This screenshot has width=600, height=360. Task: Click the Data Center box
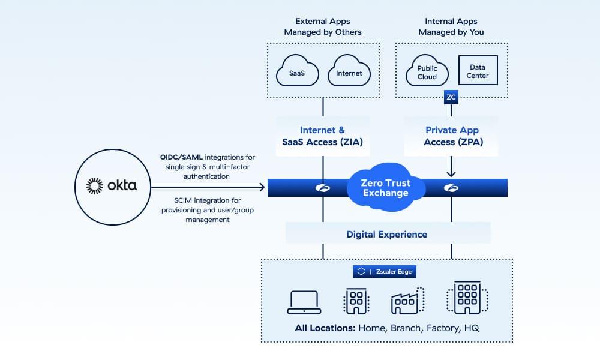(x=478, y=72)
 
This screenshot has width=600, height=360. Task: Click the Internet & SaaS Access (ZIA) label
(x=322, y=136)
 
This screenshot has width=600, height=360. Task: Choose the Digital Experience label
(x=387, y=234)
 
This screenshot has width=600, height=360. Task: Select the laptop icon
(x=304, y=302)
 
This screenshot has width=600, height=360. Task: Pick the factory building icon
(x=407, y=301)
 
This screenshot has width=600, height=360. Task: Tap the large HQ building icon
(x=467, y=298)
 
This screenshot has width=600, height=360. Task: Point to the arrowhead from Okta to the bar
(x=262, y=188)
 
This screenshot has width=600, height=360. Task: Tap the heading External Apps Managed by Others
(x=323, y=26)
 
